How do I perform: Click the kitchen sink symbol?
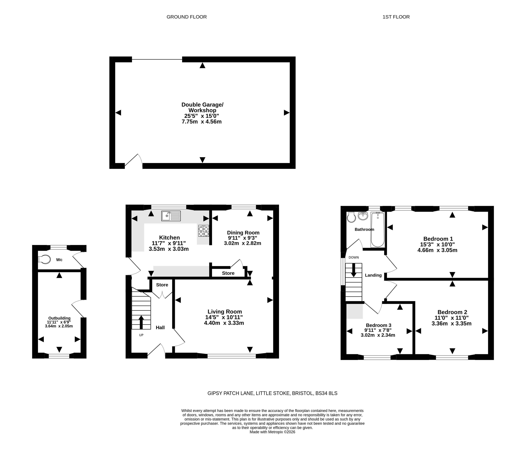coord(171,216)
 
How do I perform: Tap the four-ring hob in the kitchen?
coord(204,231)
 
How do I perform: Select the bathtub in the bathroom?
coord(378,230)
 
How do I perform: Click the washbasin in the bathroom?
coord(363,216)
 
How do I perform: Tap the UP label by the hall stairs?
coord(141,335)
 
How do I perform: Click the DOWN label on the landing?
coord(354,258)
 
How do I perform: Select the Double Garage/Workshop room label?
coord(202,107)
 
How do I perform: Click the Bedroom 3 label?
coord(379,325)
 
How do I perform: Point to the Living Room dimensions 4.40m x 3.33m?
coord(224,323)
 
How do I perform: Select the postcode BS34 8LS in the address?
coord(326,393)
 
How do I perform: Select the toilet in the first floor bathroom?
coord(351,217)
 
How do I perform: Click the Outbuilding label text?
coord(59,318)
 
